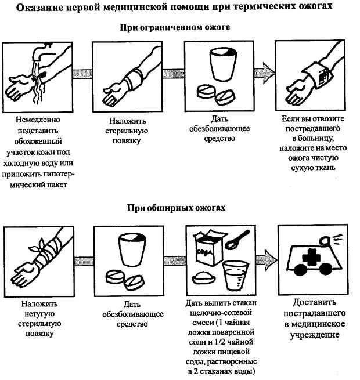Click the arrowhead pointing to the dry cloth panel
pyautogui.click(x=267, y=73)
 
